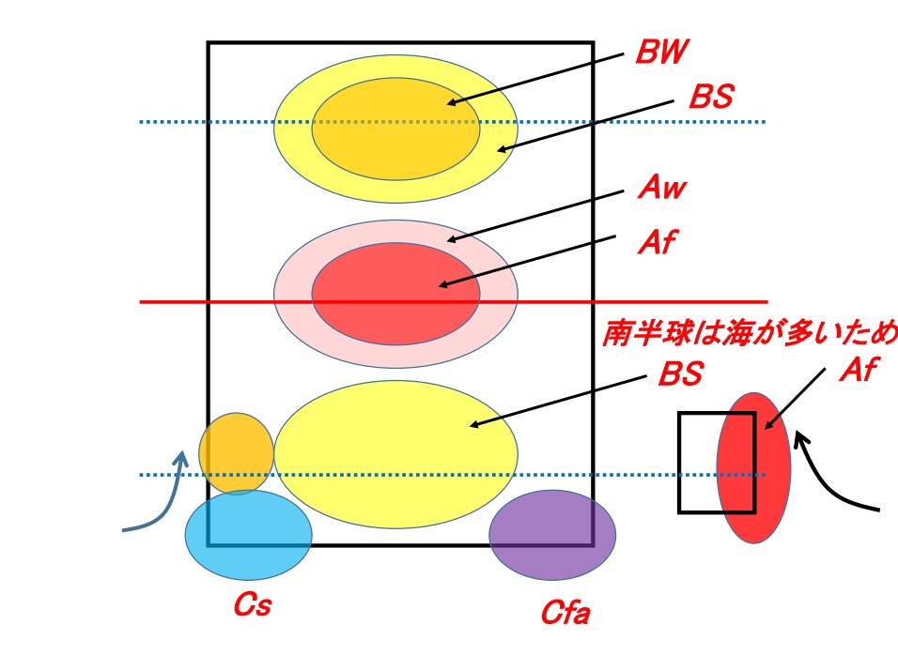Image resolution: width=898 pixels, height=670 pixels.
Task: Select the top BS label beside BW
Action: tap(710, 97)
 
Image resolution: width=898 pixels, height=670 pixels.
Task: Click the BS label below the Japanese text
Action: tap(679, 375)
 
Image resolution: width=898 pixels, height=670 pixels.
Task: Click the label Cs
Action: tap(252, 605)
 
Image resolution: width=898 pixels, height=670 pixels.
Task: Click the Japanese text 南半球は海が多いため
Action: tap(750, 334)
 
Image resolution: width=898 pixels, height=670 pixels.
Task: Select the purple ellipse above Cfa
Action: tap(552, 535)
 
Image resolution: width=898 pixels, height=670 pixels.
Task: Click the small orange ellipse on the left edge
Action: tap(236, 453)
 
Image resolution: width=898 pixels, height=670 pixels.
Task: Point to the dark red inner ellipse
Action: tap(395, 293)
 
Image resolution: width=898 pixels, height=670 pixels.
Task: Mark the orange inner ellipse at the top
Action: tap(395, 129)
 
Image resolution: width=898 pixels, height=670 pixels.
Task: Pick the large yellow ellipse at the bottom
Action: tap(395, 454)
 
